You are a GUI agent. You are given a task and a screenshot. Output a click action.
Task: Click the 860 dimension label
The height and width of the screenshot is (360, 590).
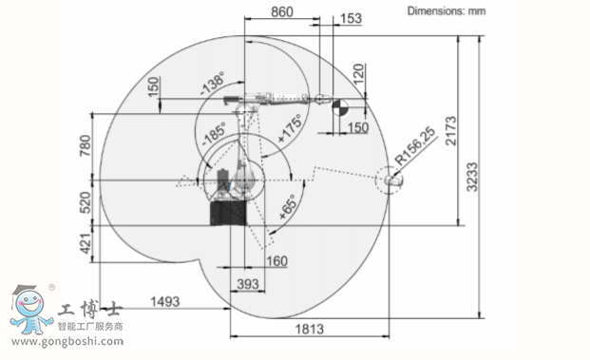click(282, 11)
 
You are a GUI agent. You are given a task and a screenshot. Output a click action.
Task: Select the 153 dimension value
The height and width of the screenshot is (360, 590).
click(351, 18)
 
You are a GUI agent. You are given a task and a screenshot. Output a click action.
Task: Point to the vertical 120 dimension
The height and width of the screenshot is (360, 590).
click(359, 74)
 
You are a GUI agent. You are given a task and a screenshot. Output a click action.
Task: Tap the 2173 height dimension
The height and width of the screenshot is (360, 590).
click(450, 130)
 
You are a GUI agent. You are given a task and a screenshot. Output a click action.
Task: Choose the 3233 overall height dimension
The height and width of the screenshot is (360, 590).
click(471, 177)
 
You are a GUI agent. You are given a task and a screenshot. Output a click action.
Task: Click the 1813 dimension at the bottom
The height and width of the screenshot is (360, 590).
click(310, 330)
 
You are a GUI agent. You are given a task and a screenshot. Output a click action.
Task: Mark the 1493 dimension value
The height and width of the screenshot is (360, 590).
click(164, 302)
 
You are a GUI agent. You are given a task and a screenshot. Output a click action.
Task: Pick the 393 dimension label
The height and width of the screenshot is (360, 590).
click(248, 284)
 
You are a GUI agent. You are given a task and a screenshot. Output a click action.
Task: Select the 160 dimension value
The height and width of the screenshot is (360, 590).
click(276, 261)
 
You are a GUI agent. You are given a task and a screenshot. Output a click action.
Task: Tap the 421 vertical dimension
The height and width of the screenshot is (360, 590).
click(86, 244)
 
